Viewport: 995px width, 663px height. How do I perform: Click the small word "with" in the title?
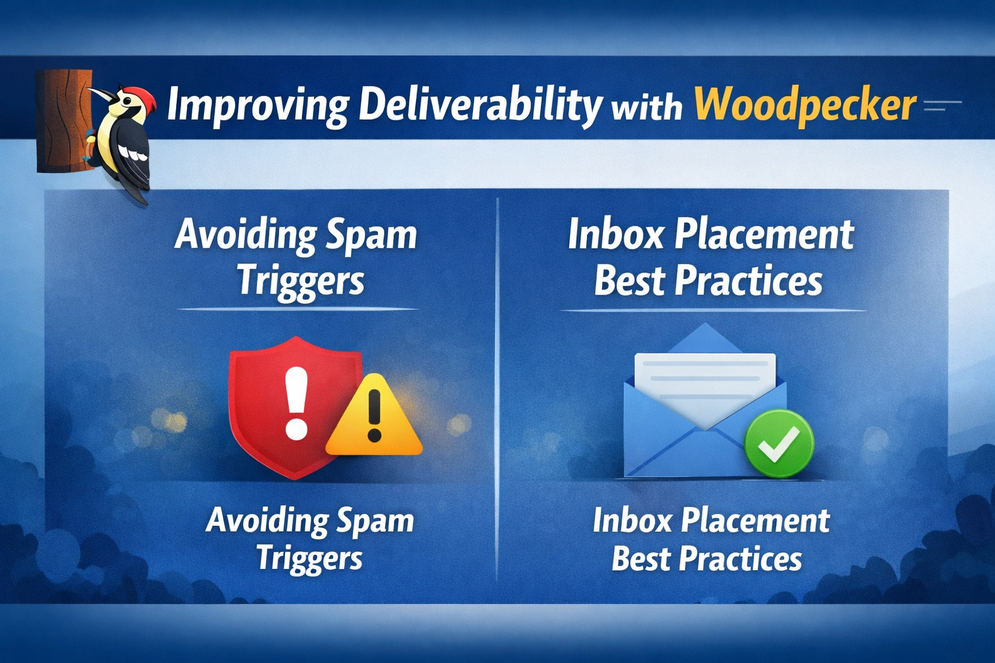(x=647, y=108)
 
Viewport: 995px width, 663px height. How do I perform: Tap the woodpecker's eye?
(x=125, y=99)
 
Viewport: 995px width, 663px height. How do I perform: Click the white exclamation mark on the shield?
(x=296, y=402)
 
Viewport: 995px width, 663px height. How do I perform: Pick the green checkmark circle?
(x=779, y=444)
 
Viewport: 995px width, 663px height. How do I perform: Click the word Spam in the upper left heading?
(x=371, y=236)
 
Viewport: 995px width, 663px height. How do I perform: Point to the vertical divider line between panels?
(x=497, y=389)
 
